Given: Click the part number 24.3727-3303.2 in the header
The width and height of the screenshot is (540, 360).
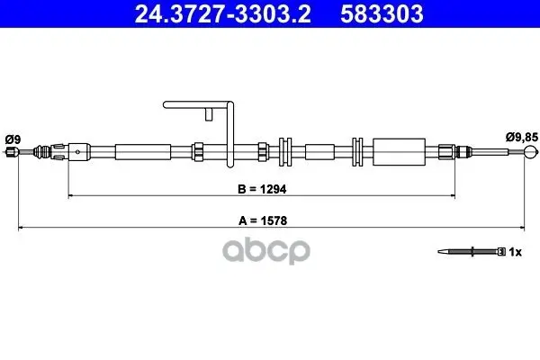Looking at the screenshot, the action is (x=223, y=13).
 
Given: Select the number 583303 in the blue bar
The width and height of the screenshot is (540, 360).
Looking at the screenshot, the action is (x=382, y=13).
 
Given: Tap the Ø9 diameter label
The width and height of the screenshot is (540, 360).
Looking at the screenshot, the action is (x=13, y=139).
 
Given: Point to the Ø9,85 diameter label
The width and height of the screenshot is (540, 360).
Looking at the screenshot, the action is (x=521, y=137).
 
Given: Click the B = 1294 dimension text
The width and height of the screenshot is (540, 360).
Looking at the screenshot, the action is (x=262, y=189).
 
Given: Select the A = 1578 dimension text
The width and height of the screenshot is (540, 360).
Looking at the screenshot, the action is (x=263, y=220).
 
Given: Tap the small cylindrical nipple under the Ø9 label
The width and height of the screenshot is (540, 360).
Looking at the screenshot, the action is (x=12, y=151).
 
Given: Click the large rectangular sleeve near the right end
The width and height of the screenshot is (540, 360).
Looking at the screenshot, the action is (x=399, y=152).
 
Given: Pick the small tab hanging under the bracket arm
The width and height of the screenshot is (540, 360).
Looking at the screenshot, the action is (x=209, y=114).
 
